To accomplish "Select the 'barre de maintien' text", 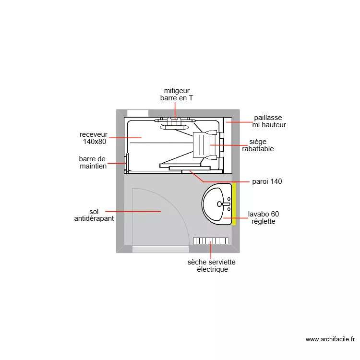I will coord(93,162).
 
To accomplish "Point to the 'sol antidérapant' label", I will coord(94,215).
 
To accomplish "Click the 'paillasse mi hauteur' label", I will coord(269,121).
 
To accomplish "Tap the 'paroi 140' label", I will coord(267,181).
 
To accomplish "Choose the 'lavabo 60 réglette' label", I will coord(263,217).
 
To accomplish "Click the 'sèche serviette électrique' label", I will coord(212,266).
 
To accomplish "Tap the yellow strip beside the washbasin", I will coord(234,204).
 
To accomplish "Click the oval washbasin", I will coord(217,204).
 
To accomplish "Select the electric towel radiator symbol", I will coord(211,240).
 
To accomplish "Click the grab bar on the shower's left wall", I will coord(128,162).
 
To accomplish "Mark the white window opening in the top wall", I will coord(138,113).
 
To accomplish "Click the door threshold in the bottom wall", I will coord(160,249).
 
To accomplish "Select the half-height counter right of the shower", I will coord(228,144).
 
